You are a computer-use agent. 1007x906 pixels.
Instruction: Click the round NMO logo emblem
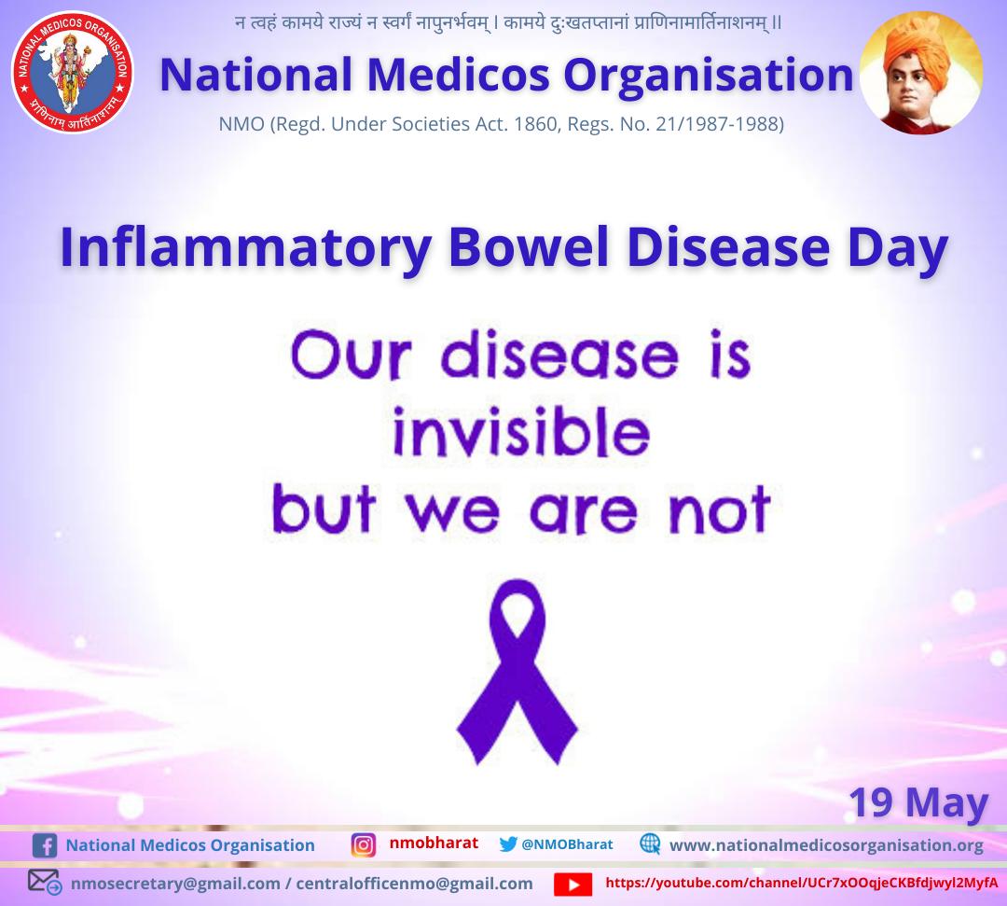coord(72,72)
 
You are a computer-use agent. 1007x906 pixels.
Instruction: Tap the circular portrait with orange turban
coord(920,74)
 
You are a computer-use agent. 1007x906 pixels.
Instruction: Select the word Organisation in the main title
coord(710,75)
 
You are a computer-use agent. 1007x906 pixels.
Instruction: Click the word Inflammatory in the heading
coord(246,248)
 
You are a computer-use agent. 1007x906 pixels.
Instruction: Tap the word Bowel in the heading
coord(527,248)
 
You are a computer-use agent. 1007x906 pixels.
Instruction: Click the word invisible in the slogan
coord(520,434)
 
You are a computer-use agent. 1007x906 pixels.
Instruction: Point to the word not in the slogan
coord(723,510)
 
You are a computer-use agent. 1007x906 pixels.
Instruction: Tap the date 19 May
coord(917,801)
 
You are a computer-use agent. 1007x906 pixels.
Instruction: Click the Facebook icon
coord(44,845)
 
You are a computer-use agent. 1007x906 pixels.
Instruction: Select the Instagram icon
coord(363,844)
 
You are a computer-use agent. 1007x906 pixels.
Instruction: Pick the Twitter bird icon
coord(508,843)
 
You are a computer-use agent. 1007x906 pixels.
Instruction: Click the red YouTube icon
coord(572,883)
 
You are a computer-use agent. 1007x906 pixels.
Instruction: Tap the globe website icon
coord(650,843)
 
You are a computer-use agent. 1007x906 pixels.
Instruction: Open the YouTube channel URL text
coord(801,882)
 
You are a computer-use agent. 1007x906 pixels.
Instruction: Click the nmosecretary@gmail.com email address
coord(176,883)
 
